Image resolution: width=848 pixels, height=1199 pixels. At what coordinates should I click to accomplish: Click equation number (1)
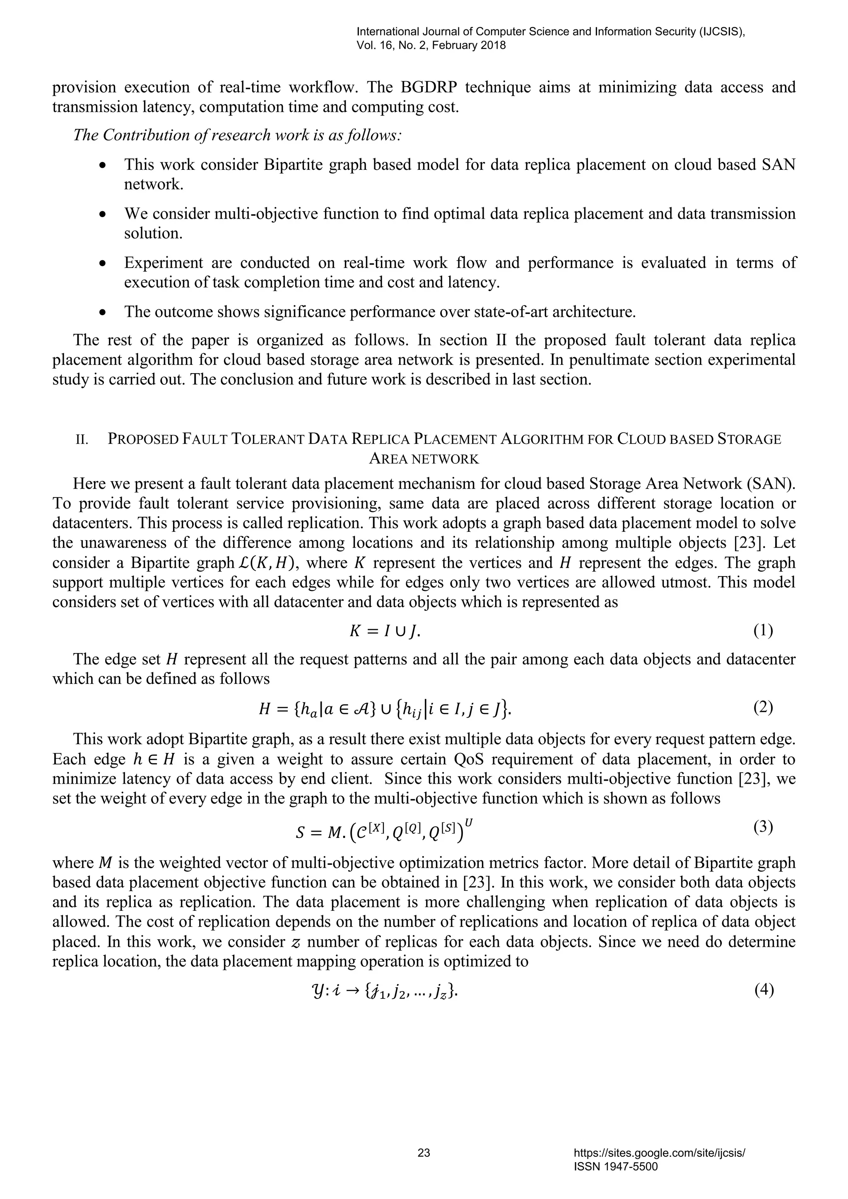(763, 631)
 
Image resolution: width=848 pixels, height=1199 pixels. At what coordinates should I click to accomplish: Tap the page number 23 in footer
(424, 1153)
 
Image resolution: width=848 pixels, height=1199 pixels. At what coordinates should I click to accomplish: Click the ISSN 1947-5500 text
(615, 1167)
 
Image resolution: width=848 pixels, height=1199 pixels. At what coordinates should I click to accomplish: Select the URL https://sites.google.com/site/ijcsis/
(659, 1153)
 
